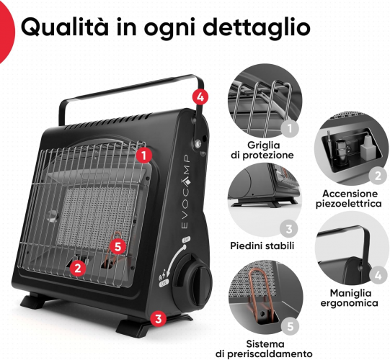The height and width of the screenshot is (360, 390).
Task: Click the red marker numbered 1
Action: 144,156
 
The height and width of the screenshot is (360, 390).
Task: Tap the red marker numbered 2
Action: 78,268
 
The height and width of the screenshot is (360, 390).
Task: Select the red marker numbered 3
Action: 159,318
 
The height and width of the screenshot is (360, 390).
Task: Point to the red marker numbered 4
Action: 200,97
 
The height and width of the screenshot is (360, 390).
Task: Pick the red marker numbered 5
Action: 118,247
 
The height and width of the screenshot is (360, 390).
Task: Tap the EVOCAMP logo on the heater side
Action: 185,192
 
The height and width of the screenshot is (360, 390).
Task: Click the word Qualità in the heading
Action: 65,27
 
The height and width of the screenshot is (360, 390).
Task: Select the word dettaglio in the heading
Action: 257,27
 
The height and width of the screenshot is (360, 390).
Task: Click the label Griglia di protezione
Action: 262,150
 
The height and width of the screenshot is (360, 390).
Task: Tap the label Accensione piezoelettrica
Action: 349,199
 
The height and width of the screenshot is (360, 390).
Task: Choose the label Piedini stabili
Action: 262,246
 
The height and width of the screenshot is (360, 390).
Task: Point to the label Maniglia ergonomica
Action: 350,298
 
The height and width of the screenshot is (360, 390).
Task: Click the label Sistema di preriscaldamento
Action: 264,348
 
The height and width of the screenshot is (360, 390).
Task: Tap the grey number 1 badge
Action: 290,128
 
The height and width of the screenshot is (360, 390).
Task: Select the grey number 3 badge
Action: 288,228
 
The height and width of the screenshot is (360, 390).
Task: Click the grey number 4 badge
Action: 378,275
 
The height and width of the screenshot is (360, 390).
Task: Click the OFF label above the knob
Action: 186,240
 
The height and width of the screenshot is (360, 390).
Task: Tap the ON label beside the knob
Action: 164,284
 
